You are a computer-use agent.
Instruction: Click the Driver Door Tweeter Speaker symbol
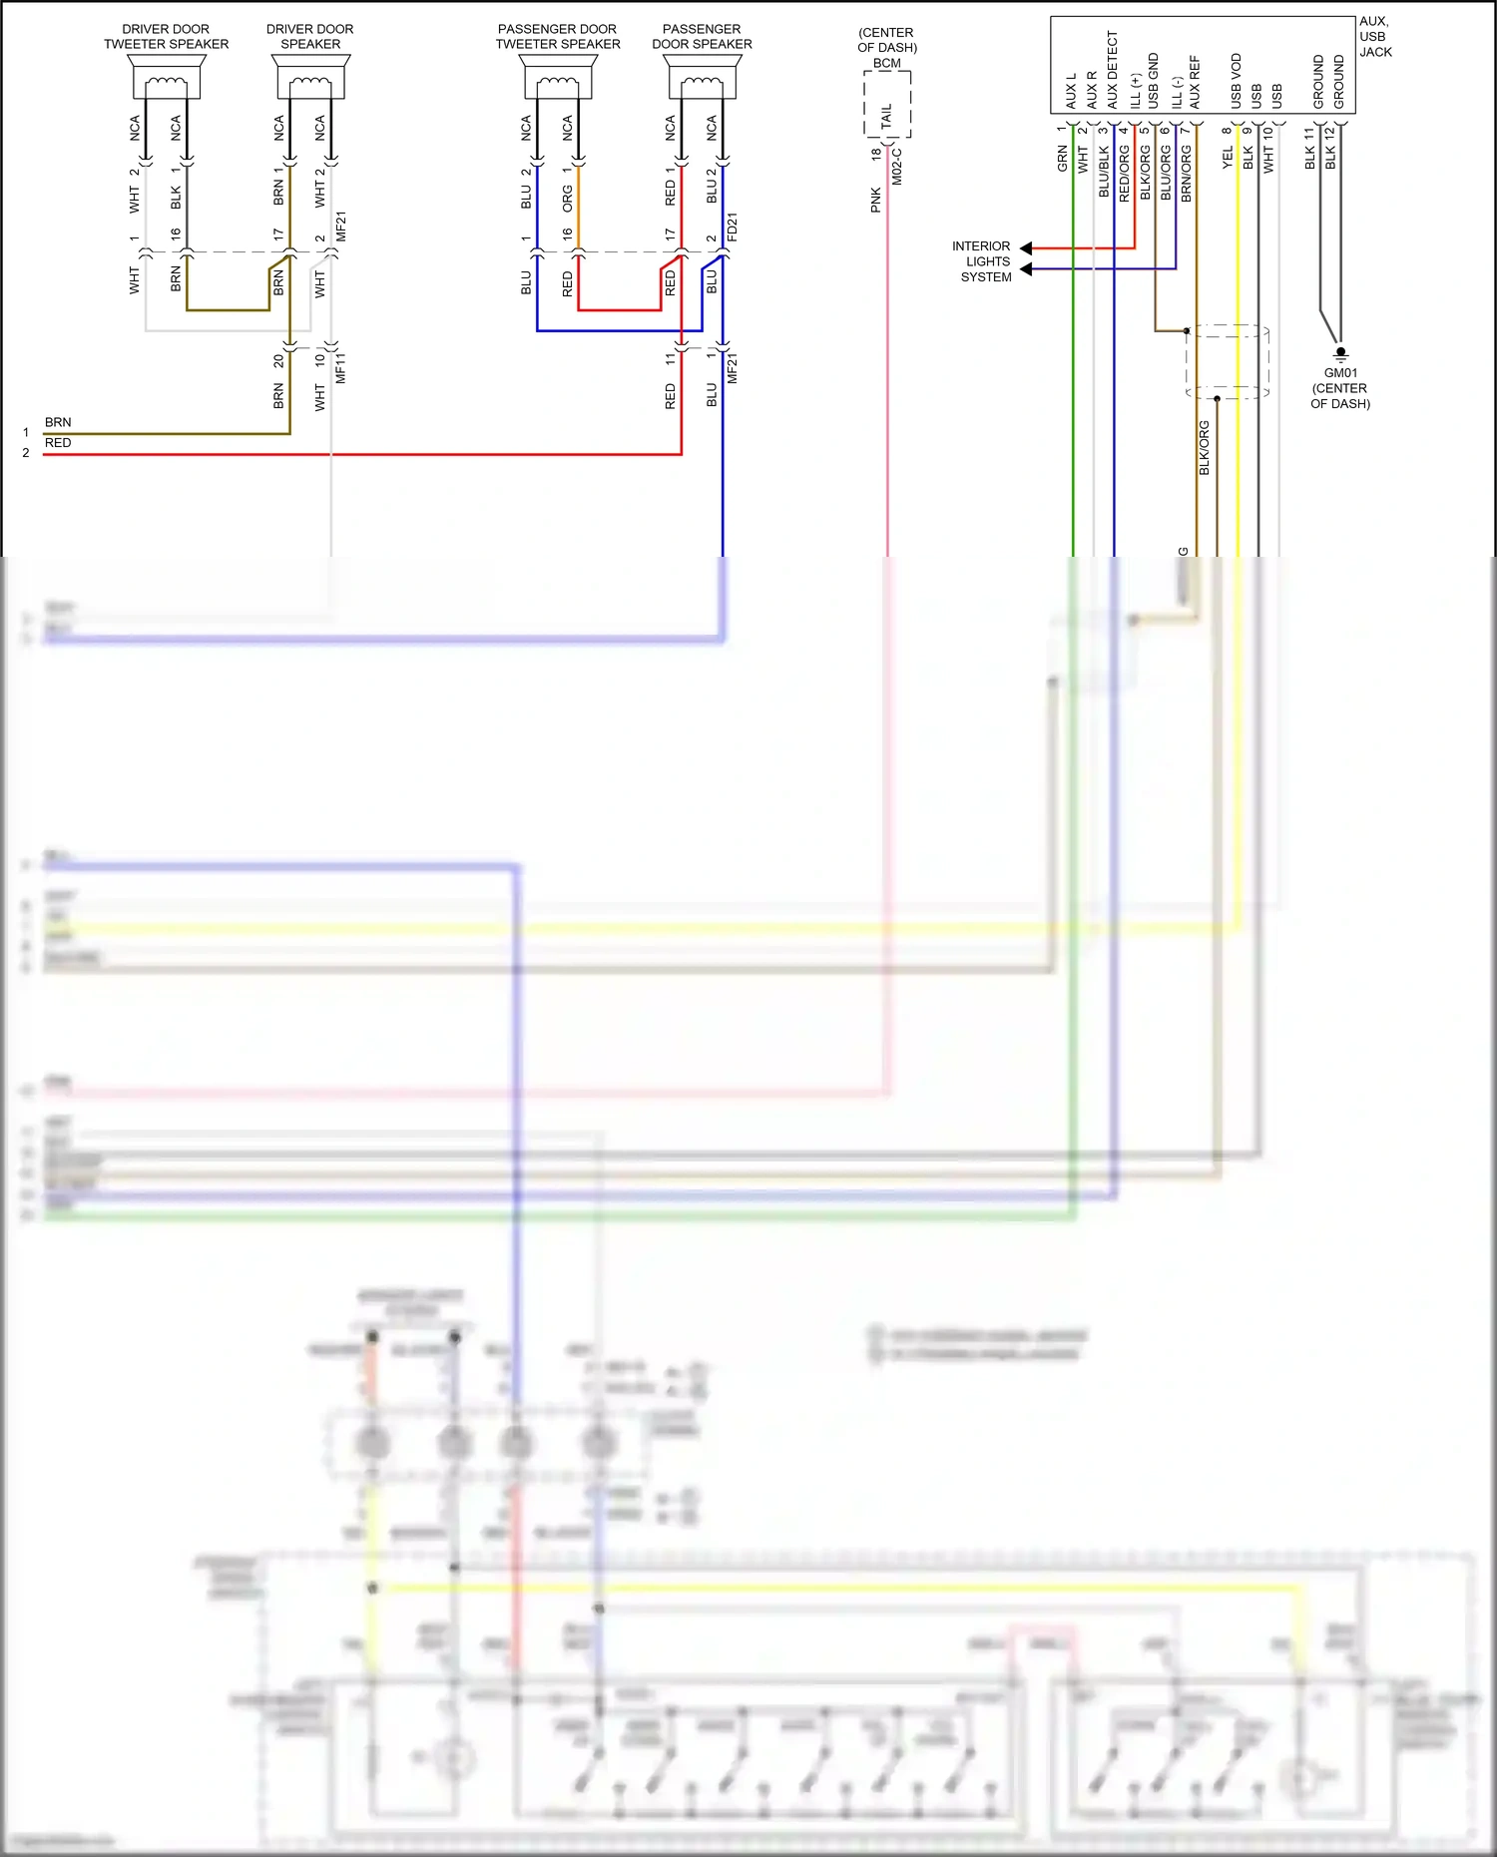coord(166,77)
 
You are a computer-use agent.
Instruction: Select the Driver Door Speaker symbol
coord(310,77)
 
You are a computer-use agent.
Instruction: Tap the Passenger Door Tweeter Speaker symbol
coord(558,77)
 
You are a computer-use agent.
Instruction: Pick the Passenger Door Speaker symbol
coord(703,77)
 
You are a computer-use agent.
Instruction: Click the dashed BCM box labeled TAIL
coord(886,105)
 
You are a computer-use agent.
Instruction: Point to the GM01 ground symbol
coord(1340,353)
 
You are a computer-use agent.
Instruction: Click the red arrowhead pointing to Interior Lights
coord(1026,247)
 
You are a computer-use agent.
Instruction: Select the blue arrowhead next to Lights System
coord(1026,269)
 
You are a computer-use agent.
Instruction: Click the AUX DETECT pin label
coord(1113,70)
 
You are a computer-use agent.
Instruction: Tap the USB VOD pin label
coord(1237,81)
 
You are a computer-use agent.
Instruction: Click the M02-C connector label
coord(897,167)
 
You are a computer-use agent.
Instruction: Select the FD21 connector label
coord(732,227)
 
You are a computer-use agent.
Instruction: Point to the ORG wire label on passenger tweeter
coord(567,198)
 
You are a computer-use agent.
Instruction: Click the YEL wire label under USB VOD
coord(1229,158)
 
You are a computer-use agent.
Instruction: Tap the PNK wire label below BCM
coord(875,200)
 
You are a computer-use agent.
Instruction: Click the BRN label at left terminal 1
coord(58,422)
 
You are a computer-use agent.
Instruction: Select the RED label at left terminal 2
coord(58,443)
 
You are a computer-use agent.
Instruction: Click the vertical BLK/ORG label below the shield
coord(1205,448)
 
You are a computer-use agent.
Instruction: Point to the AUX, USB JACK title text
coord(1374,37)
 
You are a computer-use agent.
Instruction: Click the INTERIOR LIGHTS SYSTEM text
coord(983,261)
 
